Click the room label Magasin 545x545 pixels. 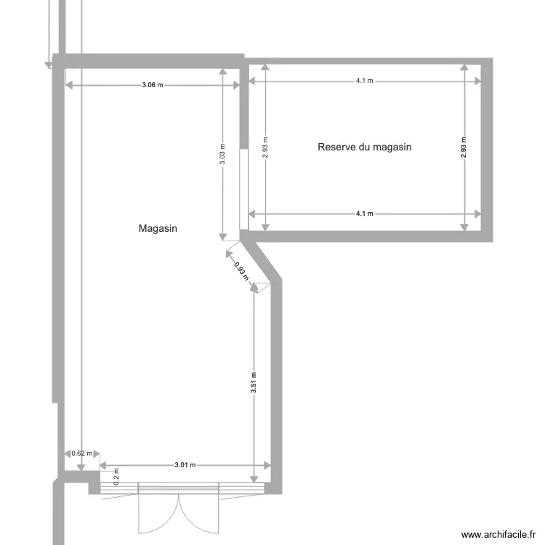(158, 228)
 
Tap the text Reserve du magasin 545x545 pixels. (364, 147)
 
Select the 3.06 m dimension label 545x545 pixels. (152, 85)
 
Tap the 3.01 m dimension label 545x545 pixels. (185, 465)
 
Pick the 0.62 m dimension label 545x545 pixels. (82, 453)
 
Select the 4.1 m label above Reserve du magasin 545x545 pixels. (364, 81)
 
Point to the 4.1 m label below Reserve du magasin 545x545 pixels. (364, 214)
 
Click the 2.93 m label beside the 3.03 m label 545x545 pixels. (266, 148)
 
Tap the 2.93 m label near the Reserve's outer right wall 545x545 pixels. (464, 148)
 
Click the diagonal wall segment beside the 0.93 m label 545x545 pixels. (262, 259)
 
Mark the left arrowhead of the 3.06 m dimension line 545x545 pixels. (69, 85)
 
